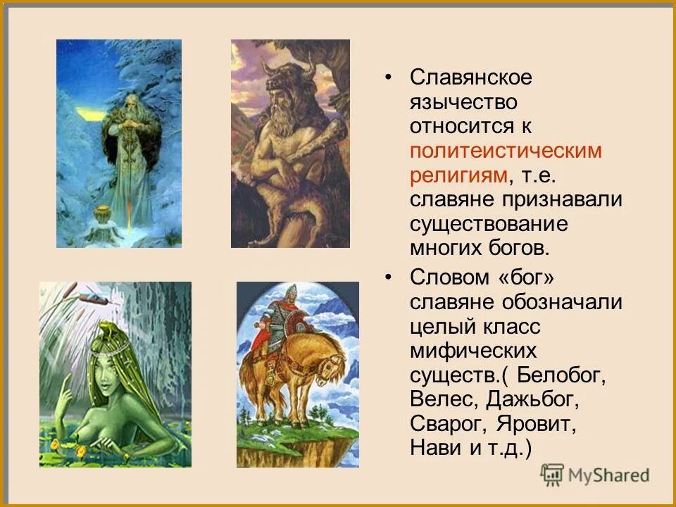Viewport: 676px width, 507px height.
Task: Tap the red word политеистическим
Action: (x=506, y=151)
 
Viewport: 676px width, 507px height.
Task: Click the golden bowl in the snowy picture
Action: (x=104, y=211)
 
